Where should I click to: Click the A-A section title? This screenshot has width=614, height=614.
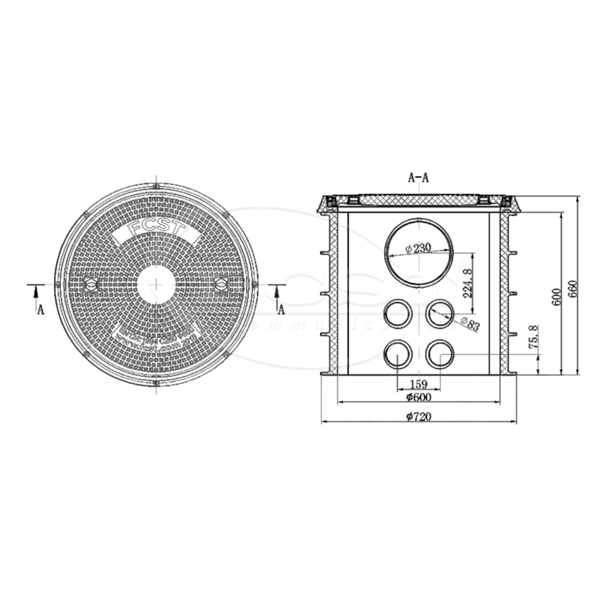click(418, 178)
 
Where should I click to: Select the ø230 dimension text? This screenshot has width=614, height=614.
click(419, 249)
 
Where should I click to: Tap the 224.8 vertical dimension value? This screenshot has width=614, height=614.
click(467, 283)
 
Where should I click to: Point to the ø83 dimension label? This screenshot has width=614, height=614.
click(471, 324)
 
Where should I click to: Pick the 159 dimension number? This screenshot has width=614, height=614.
click(418, 384)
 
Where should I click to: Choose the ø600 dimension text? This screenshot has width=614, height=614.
click(418, 397)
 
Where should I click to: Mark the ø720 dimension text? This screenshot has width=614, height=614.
click(418, 417)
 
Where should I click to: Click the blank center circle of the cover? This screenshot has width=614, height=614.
click(157, 285)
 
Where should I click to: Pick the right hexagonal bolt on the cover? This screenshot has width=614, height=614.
click(221, 284)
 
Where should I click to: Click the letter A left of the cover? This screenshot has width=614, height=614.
click(41, 309)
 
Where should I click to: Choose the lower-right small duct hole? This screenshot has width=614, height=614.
click(439, 355)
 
